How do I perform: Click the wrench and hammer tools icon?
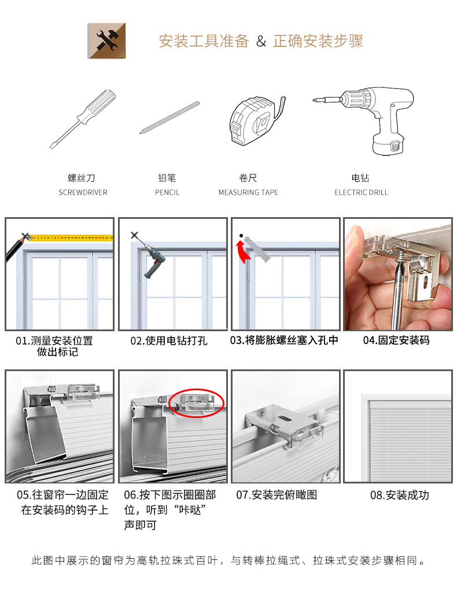click(x=106, y=41)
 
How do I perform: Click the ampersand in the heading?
click(x=261, y=42)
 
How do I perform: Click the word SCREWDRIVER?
click(x=83, y=192)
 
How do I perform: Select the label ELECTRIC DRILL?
click(x=361, y=192)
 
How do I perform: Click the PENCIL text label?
click(x=167, y=192)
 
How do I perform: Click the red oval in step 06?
click(x=197, y=403)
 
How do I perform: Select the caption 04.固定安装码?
click(x=396, y=340)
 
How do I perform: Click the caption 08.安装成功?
click(x=400, y=495)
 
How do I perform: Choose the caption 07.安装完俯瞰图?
click(x=277, y=495)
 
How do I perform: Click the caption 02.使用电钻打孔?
click(x=168, y=340)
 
